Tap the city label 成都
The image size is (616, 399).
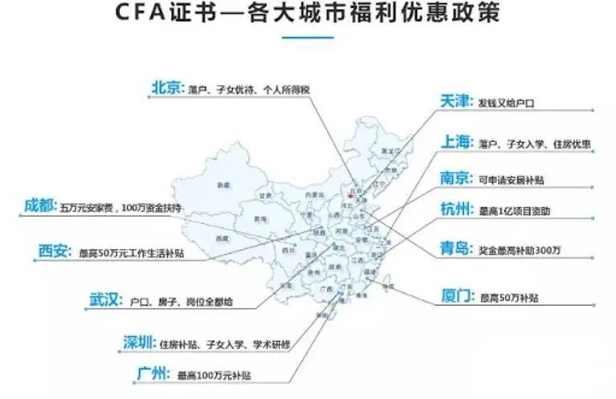pos(39,206)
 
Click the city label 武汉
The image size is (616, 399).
pos(105,301)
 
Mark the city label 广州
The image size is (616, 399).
pos(152,373)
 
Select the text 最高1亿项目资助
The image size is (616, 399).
pos(514,212)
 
